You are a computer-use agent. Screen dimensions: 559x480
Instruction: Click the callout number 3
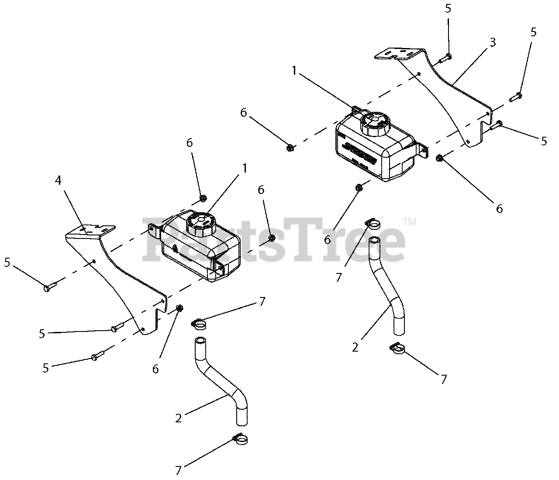pos(492,43)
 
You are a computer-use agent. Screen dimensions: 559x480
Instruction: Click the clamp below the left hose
pos(241,438)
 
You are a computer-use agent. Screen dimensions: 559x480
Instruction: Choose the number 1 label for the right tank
pos(294,71)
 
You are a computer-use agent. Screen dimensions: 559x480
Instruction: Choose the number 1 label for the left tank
pos(245,168)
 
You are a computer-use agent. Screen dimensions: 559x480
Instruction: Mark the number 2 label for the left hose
pos(178,418)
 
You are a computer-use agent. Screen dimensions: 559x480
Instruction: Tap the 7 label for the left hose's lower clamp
pos(178,470)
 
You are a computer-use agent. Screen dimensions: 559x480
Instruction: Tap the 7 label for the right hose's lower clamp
pos(444,380)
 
